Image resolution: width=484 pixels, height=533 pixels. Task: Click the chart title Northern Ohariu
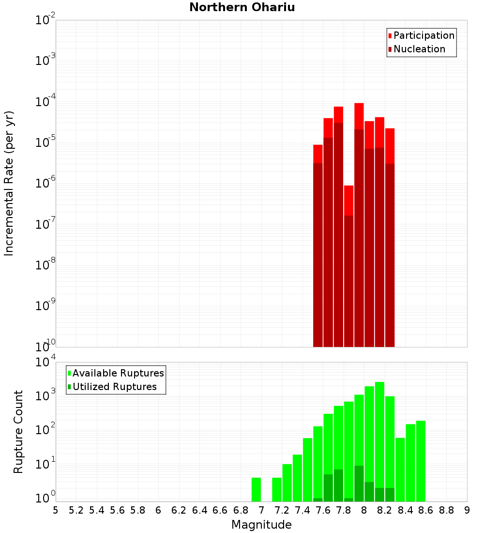242,7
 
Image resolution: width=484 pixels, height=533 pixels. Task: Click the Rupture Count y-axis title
18,431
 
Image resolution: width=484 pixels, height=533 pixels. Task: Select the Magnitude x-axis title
261,524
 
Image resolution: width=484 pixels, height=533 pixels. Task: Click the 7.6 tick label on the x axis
323,510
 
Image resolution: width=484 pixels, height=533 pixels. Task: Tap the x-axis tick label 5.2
76,510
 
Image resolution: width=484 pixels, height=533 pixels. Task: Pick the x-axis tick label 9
467,510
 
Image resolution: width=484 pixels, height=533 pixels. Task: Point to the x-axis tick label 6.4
199,510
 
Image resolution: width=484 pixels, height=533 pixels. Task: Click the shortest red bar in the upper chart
348,266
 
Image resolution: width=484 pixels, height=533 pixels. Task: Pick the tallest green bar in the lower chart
379,441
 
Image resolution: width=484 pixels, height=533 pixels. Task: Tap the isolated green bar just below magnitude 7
256,489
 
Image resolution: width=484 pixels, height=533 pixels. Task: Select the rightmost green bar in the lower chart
421,460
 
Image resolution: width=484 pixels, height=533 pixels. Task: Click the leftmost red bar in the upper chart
318,247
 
